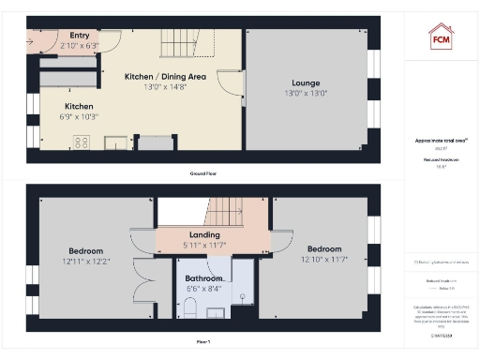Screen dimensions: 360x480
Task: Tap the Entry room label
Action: (80, 36)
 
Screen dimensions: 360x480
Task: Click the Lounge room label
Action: (306, 82)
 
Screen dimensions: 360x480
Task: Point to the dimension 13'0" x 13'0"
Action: (306, 94)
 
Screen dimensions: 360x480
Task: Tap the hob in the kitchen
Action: (82, 142)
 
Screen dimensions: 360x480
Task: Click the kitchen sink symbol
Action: (116, 142)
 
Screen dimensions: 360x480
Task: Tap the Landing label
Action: (204, 234)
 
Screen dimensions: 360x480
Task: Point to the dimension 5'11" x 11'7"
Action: (204, 245)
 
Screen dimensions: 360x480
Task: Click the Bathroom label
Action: (203, 279)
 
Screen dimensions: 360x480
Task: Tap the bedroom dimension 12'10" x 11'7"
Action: (324, 259)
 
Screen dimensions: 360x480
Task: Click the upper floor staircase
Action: (224, 211)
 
